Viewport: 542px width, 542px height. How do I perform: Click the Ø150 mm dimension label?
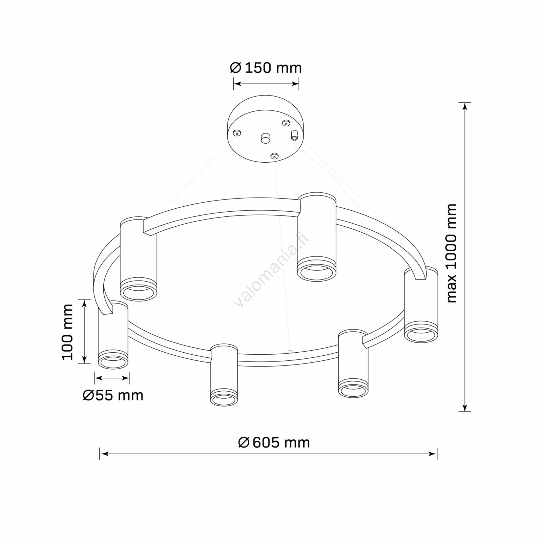pos(266,68)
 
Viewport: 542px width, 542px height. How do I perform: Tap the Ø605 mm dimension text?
pos(274,442)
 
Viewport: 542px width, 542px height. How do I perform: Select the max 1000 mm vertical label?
pos(452,253)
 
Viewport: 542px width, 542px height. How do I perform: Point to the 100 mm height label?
pos(68,332)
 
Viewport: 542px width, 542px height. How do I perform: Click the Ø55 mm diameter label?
pos(113,395)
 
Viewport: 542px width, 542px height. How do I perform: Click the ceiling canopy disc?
pos(266,129)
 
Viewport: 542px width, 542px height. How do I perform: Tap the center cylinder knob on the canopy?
pos(265,138)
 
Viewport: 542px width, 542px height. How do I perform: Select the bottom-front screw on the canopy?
pos(274,156)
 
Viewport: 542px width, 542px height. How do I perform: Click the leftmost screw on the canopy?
pos(237,133)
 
